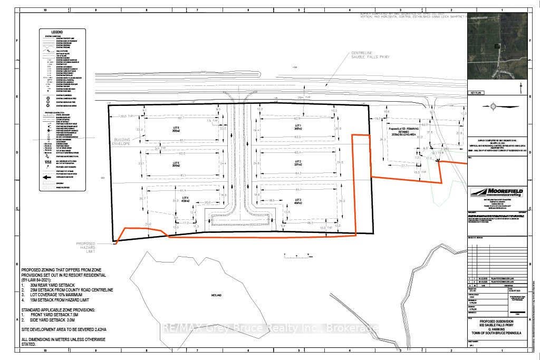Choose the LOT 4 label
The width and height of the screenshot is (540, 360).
pyautogui.click(x=185, y=199)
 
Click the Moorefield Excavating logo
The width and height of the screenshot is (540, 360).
pyautogui.click(x=497, y=193)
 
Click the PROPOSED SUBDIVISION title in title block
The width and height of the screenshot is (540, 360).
pyautogui.click(x=497, y=321)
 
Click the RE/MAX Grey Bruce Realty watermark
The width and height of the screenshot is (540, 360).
pyautogui.click(x=270, y=329)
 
